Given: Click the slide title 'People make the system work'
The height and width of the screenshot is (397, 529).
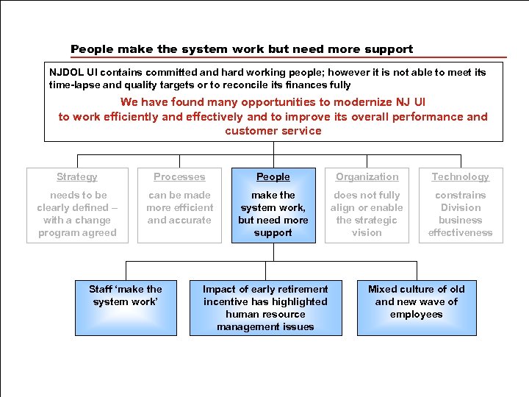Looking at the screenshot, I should [242, 49].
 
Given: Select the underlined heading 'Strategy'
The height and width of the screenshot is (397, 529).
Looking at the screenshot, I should [77, 176].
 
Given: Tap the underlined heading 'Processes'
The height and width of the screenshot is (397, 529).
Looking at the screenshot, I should [179, 176].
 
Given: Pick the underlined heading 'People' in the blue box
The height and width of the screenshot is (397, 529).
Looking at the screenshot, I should [273, 176].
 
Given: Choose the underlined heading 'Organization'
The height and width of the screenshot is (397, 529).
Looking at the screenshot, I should [367, 176].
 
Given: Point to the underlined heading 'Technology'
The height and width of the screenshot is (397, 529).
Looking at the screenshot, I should [460, 176].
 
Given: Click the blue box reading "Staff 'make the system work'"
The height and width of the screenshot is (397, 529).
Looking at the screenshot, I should [126, 308].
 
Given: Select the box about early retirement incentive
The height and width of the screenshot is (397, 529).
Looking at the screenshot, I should [265, 308].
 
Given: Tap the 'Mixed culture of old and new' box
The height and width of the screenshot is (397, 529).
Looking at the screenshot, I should [417, 308].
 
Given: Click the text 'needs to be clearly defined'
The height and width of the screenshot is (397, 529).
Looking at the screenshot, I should [77, 214].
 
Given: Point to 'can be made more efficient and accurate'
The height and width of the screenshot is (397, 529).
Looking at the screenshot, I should [179, 207].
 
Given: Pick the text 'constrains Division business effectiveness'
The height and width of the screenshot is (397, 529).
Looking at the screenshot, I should [460, 214].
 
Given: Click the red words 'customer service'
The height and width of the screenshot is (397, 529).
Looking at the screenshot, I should [273, 131].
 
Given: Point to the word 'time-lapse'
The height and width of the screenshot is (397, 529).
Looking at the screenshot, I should [74, 85].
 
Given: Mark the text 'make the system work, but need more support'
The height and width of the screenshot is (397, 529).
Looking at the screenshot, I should [273, 214].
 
